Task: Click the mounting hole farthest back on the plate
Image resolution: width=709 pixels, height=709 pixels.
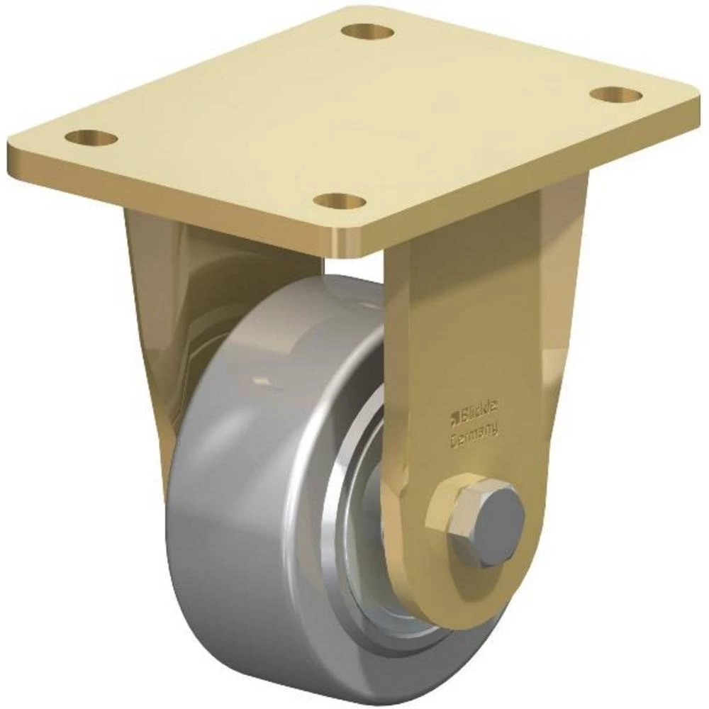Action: click(x=367, y=31)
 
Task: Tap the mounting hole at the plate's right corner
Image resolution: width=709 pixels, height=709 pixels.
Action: click(x=613, y=94)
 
